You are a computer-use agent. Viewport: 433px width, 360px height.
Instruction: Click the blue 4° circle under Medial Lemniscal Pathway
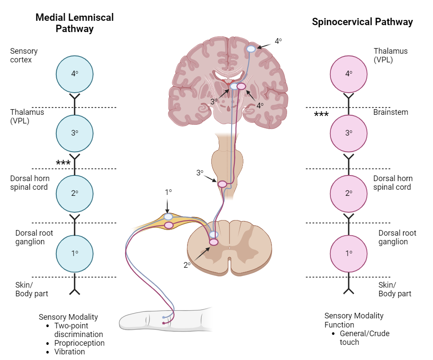tap(74, 74)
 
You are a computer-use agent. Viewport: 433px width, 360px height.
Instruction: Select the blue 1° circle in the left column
tap(74, 253)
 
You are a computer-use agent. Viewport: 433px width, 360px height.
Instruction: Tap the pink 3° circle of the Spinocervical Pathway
tap(349, 133)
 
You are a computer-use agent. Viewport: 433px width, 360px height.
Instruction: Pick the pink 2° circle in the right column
tap(349, 193)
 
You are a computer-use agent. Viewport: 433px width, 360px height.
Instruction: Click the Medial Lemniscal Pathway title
tap(74, 23)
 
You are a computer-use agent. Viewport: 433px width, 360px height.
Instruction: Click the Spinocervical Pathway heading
tap(362, 22)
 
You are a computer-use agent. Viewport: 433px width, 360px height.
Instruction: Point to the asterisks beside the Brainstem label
tap(321, 115)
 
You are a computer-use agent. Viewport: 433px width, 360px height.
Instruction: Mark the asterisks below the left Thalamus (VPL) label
tap(63, 163)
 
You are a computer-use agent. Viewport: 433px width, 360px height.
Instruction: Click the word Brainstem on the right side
tap(391, 112)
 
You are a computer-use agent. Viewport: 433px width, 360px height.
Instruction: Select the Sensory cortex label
tap(24, 55)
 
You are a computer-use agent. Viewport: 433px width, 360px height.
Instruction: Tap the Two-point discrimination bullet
tap(78, 330)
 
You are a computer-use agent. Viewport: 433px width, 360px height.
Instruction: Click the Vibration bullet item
tap(69, 351)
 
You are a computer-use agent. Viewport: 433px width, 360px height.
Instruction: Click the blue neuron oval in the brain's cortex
tap(251, 49)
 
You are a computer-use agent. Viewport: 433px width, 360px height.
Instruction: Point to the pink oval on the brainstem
tap(222, 184)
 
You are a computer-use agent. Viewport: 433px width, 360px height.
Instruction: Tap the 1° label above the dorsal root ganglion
tap(168, 191)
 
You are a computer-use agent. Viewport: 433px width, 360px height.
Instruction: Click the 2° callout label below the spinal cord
tap(187, 265)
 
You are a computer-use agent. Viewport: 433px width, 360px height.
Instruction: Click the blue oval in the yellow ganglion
tap(168, 217)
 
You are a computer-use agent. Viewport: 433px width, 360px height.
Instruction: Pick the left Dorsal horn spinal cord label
tap(30, 182)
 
